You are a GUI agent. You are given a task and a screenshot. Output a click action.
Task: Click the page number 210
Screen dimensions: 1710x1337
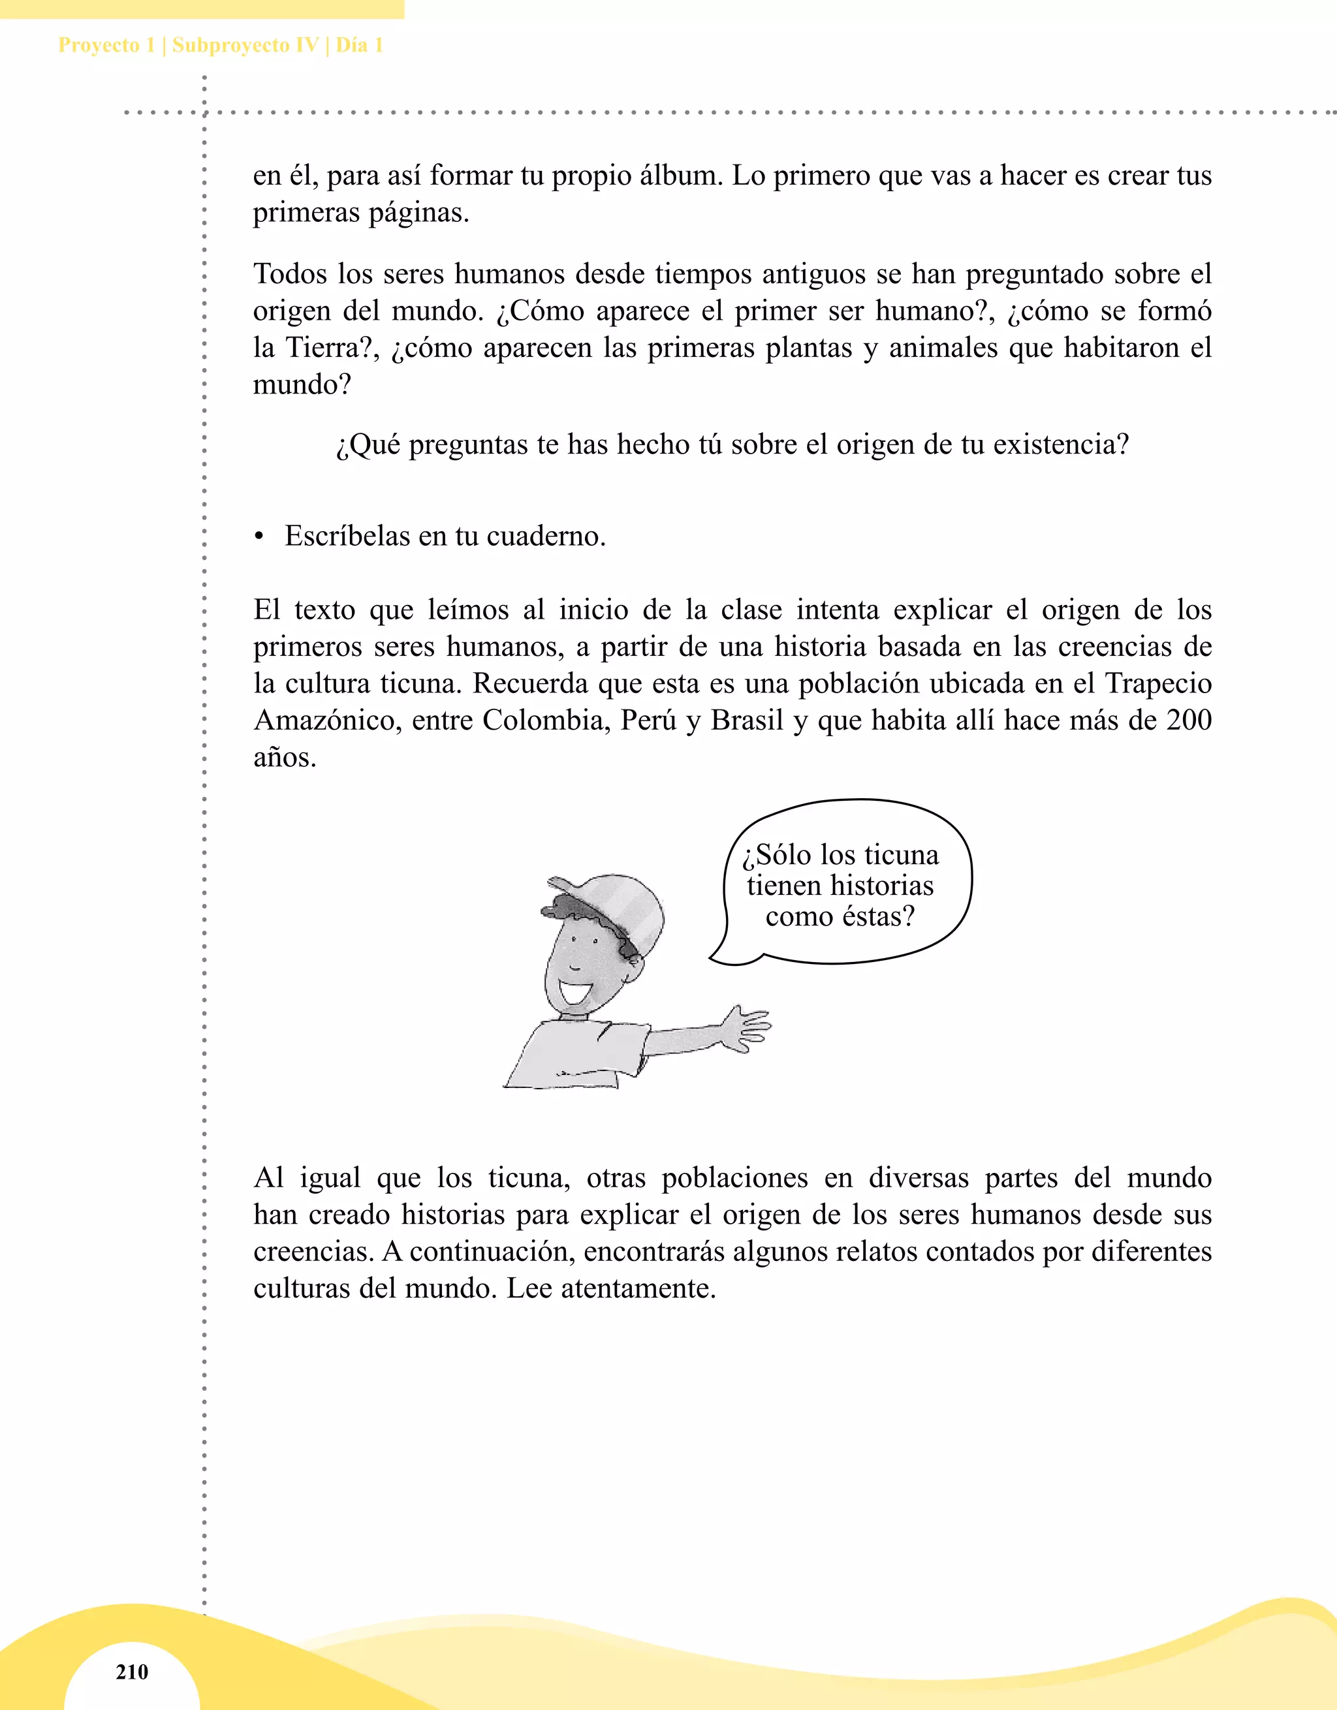132,1671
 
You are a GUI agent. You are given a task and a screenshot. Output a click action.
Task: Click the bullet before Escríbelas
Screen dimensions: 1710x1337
259,537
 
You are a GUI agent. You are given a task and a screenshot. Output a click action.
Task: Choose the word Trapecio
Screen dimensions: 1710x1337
1157,683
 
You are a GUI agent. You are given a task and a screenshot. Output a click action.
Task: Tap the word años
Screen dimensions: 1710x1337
285,757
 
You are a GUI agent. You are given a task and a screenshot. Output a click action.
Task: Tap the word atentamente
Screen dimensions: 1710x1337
638,1288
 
